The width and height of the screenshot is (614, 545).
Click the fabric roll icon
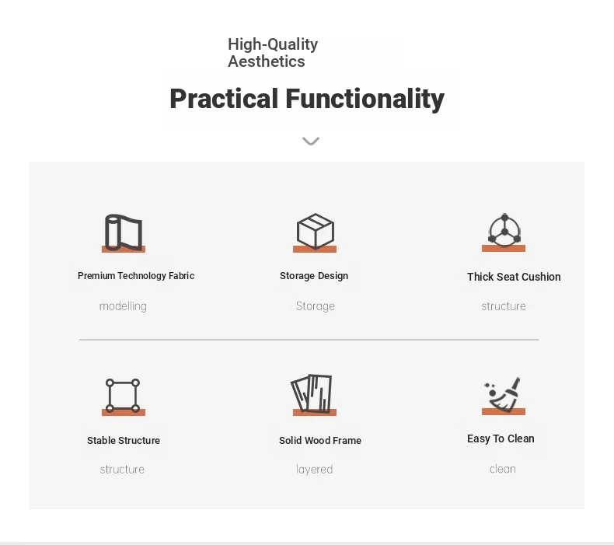124,232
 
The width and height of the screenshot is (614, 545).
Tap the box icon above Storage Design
316,231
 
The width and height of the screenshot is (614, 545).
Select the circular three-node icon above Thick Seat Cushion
504,231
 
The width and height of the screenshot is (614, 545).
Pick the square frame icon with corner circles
123,395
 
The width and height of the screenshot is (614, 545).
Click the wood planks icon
312,393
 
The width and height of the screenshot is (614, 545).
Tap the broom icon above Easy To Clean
502,394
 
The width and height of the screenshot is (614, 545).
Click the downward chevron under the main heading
311,141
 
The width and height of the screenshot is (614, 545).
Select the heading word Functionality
365,99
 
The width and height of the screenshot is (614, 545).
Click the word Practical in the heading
224,99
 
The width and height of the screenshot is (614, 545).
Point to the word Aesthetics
267,61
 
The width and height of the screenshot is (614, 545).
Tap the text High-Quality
273,44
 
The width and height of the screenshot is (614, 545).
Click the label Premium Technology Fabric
136,276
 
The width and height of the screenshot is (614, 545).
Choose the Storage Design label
314,276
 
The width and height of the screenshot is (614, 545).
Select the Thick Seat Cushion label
514,277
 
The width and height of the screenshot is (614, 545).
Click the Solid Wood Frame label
320,440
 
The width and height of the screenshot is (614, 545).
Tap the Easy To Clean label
501,438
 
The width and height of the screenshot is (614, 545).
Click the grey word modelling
123,306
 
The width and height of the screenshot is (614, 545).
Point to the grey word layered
315,470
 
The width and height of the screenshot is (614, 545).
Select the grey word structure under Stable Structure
122,470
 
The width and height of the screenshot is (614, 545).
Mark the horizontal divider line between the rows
309,340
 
